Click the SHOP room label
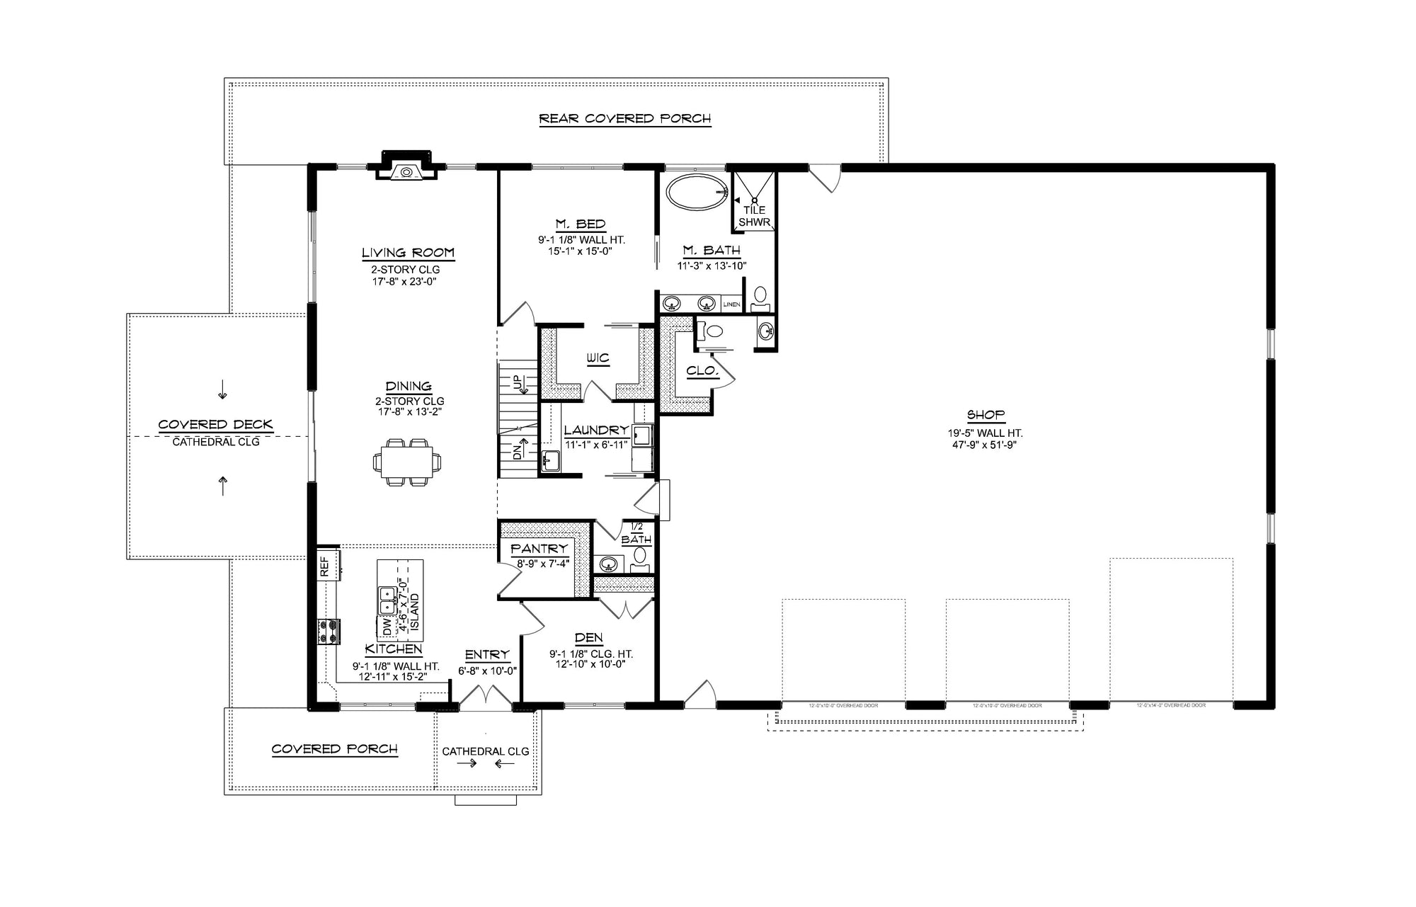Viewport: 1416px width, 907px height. click(986, 415)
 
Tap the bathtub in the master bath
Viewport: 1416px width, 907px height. click(698, 192)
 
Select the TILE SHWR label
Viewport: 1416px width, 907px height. click(754, 216)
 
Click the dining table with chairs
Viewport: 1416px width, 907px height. click(408, 462)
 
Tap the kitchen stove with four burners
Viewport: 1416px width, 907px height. click(329, 632)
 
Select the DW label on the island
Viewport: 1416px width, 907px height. click(387, 627)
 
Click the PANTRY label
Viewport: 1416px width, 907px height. click(539, 549)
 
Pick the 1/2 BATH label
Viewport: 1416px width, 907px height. click(636, 533)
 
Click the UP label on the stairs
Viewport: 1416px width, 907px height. click(517, 384)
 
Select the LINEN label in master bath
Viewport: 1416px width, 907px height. click(731, 304)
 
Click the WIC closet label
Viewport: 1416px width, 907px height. click(598, 358)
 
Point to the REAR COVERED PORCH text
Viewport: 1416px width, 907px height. click(624, 118)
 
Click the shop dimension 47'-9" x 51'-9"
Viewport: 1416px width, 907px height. click(986, 445)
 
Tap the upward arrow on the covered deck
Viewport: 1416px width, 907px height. click(223, 486)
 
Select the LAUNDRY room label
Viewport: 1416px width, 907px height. click(596, 430)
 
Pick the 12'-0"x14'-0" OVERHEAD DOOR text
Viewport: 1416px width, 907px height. click(1171, 705)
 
